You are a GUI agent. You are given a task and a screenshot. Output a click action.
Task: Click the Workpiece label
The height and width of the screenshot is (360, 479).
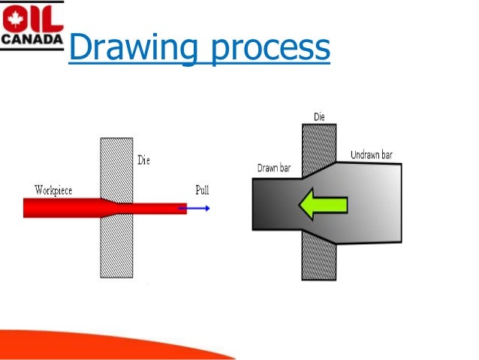click(x=53, y=190)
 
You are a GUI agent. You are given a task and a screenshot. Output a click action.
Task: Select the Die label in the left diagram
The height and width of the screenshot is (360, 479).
click(x=145, y=160)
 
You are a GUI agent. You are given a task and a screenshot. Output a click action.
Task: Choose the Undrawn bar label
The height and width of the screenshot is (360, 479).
click(x=371, y=156)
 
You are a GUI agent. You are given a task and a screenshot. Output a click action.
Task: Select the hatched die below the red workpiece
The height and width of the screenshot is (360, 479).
click(x=116, y=248)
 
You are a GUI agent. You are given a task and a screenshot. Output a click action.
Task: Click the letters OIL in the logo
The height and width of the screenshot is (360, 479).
click(x=30, y=14)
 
